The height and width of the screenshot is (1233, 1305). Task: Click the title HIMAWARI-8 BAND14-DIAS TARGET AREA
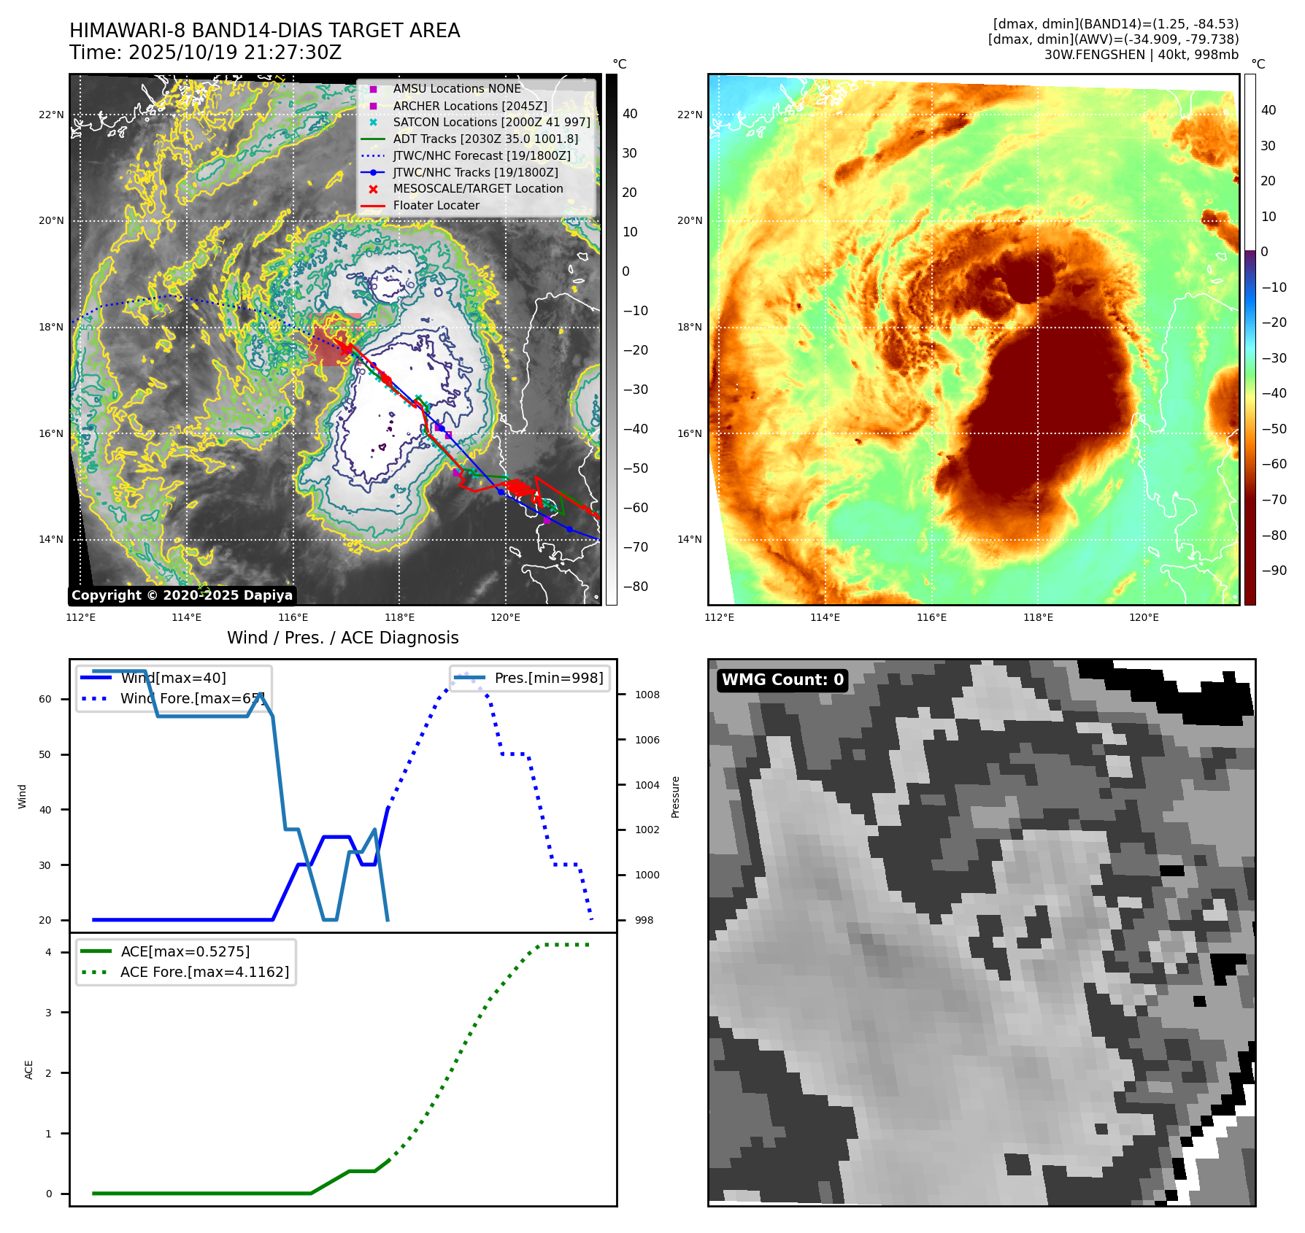coord(264,31)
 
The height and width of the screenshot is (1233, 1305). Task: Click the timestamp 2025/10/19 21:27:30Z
coord(234,53)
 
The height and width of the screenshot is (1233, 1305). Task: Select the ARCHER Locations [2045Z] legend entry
coord(469,106)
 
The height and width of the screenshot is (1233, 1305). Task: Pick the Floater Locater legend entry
coord(436,206)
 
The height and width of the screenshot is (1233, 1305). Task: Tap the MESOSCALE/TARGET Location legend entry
coord(477,189)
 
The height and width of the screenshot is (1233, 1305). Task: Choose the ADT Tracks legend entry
coord(485,139)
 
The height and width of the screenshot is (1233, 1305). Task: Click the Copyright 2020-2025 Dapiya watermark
coord(182,595)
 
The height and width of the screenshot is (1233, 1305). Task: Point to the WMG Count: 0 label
coord(782,680)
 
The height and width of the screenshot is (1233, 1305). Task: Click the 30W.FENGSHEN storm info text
coord(1141,55)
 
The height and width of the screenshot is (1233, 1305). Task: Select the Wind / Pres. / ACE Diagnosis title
coord(342,638)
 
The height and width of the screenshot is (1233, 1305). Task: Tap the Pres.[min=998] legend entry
coord(548,678)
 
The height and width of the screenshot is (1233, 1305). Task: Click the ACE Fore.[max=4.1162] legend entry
coord(204,972)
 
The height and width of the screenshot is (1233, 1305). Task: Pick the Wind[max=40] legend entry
coord(173,678)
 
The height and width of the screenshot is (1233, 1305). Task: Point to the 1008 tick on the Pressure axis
coord(647,695)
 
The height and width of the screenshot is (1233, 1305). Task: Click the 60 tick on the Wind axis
coord(45,699)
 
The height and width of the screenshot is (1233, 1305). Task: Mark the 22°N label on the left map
coord(51,115)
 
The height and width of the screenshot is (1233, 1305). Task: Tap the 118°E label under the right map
coord(1037,617)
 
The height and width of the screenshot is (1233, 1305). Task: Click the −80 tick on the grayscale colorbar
coord(635,587)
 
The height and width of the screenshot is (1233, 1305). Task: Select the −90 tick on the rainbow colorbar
coord(1274,571)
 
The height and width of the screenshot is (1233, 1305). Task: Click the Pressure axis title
coord(676,797)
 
